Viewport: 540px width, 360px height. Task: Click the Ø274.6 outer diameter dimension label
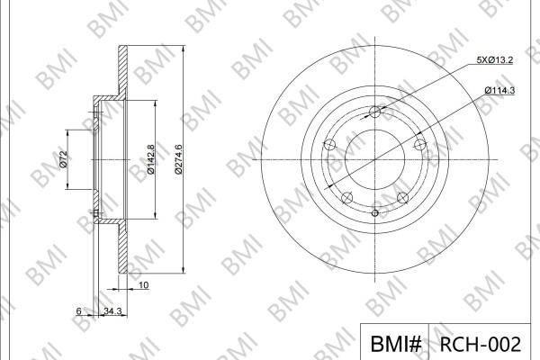click(178, 159)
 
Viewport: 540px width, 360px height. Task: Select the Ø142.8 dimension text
click(150, 159)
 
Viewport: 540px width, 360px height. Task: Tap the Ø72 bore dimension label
click(63, 159)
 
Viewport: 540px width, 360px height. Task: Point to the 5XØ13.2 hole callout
click(495, 60)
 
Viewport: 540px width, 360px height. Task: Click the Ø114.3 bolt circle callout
click(499, 90)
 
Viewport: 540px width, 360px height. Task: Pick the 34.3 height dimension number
click(112, 310)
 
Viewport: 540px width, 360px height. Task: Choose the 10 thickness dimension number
click(144, 285)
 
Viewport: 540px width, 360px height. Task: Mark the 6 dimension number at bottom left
click(79, 310)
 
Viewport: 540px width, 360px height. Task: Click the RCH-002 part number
click(481, 344)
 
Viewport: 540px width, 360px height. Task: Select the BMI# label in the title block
click(396, 344)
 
